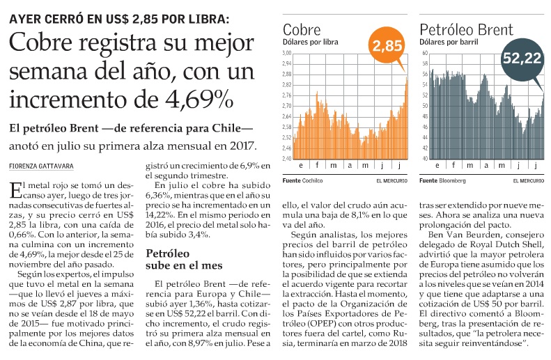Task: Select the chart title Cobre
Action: pyautogui.click(x=302, y=30)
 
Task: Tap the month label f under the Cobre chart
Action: pyautogui.click(x=316, y=166)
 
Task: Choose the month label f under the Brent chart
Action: pyautogui.click(x=453, y=166)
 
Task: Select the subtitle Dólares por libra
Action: pyautogui.click(x=310, y=42)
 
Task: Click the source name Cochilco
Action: pyautogui.click(x=315, y=180)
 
